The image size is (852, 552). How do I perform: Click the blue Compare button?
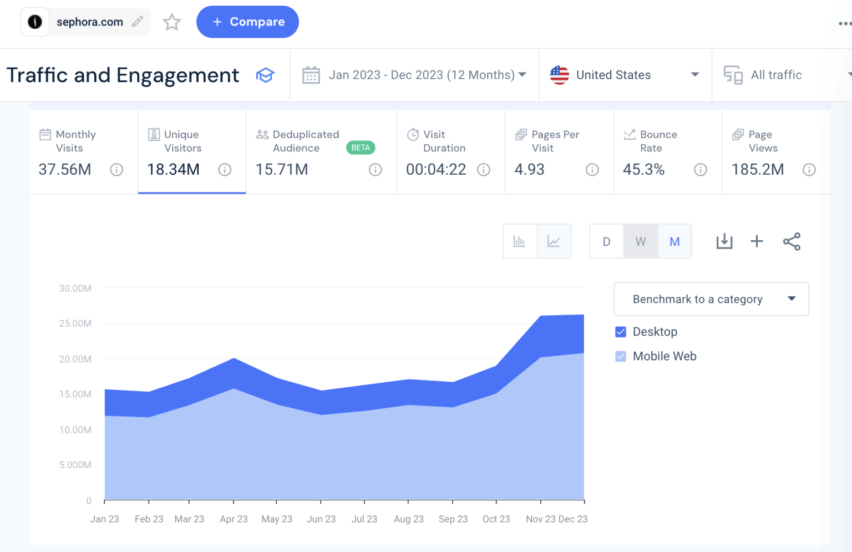coord(247,22)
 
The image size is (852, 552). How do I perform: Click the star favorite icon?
coord(172,22)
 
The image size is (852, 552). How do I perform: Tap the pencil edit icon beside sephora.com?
coord(138,22)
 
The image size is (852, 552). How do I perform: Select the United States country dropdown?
coord(625,75)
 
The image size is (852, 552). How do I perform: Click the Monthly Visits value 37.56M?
coord(65,170)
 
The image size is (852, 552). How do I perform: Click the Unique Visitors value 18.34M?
coord(173,170)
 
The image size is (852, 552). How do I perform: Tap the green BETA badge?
coord(361,148)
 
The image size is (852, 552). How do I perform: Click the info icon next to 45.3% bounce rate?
coord(701,170)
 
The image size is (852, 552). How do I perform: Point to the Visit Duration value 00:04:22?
coord(436,170)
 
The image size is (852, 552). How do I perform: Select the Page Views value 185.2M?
coord(758,170)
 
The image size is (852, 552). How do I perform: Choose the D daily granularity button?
coord(606,242)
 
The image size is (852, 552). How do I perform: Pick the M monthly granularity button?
coord(674,242)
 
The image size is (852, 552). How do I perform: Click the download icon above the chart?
coord(724,241)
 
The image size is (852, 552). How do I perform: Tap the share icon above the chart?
coord(792,241)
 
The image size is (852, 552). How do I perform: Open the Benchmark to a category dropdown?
coord(711,299)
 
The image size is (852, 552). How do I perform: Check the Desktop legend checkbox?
coord(621,332)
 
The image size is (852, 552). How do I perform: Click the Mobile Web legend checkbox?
coord(621,356)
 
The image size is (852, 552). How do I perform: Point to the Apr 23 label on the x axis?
coord(234,519)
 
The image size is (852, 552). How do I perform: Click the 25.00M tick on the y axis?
coord(75,323)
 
